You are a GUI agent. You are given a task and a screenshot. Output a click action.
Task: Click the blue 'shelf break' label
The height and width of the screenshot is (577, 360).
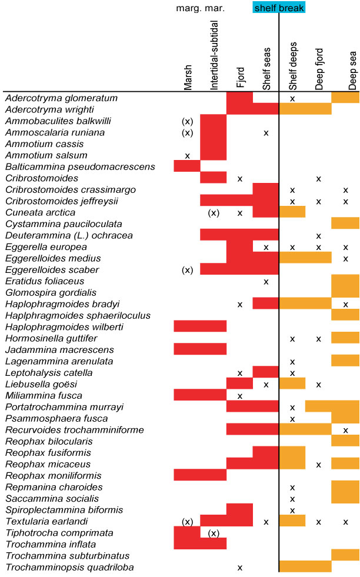pos(279,8)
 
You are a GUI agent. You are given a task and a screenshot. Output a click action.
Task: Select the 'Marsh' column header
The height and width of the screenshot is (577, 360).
pos(188,77)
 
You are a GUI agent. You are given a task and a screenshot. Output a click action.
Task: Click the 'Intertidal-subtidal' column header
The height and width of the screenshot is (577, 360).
pos(214,52)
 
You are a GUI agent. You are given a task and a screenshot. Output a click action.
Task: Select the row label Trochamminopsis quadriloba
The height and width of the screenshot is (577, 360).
pos(69,567)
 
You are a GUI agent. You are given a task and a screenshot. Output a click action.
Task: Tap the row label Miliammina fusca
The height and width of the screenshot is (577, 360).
pos(44,395)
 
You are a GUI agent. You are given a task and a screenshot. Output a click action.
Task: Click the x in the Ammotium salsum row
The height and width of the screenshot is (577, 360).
pos(188,156)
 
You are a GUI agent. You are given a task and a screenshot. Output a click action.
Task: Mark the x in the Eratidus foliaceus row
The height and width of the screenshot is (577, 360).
pos(266,282)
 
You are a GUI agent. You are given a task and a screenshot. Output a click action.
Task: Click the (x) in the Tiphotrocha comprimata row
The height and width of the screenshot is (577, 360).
pos(214,533)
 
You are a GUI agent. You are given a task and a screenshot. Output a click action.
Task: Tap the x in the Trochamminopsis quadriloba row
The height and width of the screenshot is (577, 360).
pos(240,568)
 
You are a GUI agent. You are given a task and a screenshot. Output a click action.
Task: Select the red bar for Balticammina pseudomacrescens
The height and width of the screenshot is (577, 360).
pos(188,166)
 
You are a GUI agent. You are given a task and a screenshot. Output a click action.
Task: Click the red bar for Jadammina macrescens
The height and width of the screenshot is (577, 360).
pos(201,349)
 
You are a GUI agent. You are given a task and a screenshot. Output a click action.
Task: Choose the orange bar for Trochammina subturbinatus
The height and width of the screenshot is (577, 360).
pos(345,555)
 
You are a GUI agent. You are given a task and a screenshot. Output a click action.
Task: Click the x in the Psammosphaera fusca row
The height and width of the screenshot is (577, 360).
pos(292,419)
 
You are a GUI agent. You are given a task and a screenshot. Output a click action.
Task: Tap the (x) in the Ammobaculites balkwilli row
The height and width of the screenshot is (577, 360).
pos(188,121)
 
